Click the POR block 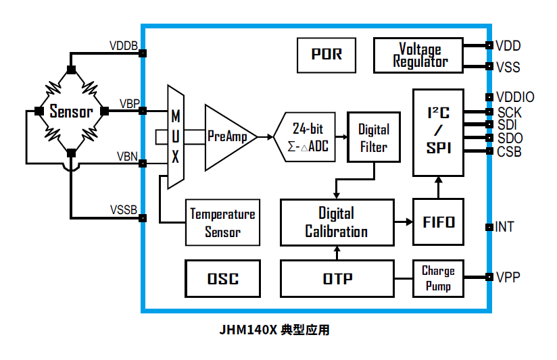[x=326, y=55]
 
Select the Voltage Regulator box [x=419, y=55]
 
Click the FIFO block [x=438, y=222]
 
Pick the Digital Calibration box [x=337, y=222]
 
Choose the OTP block [x=337, y=278]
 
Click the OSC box [x=222, y=278]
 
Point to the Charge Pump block [x=438, y=278]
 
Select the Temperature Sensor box [x=222, y=222]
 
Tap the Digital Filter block [x=373, y=137]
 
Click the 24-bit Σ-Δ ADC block [x=308, y=137]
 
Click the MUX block [x=175, y=136]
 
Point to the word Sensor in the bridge [x=70, y=111]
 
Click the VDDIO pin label [x=514, y=97]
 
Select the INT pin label [x=504, y=227]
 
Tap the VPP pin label [x=507, y=277]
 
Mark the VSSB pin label [x=124, y=209]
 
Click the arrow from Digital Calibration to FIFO [x=404, y=222]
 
